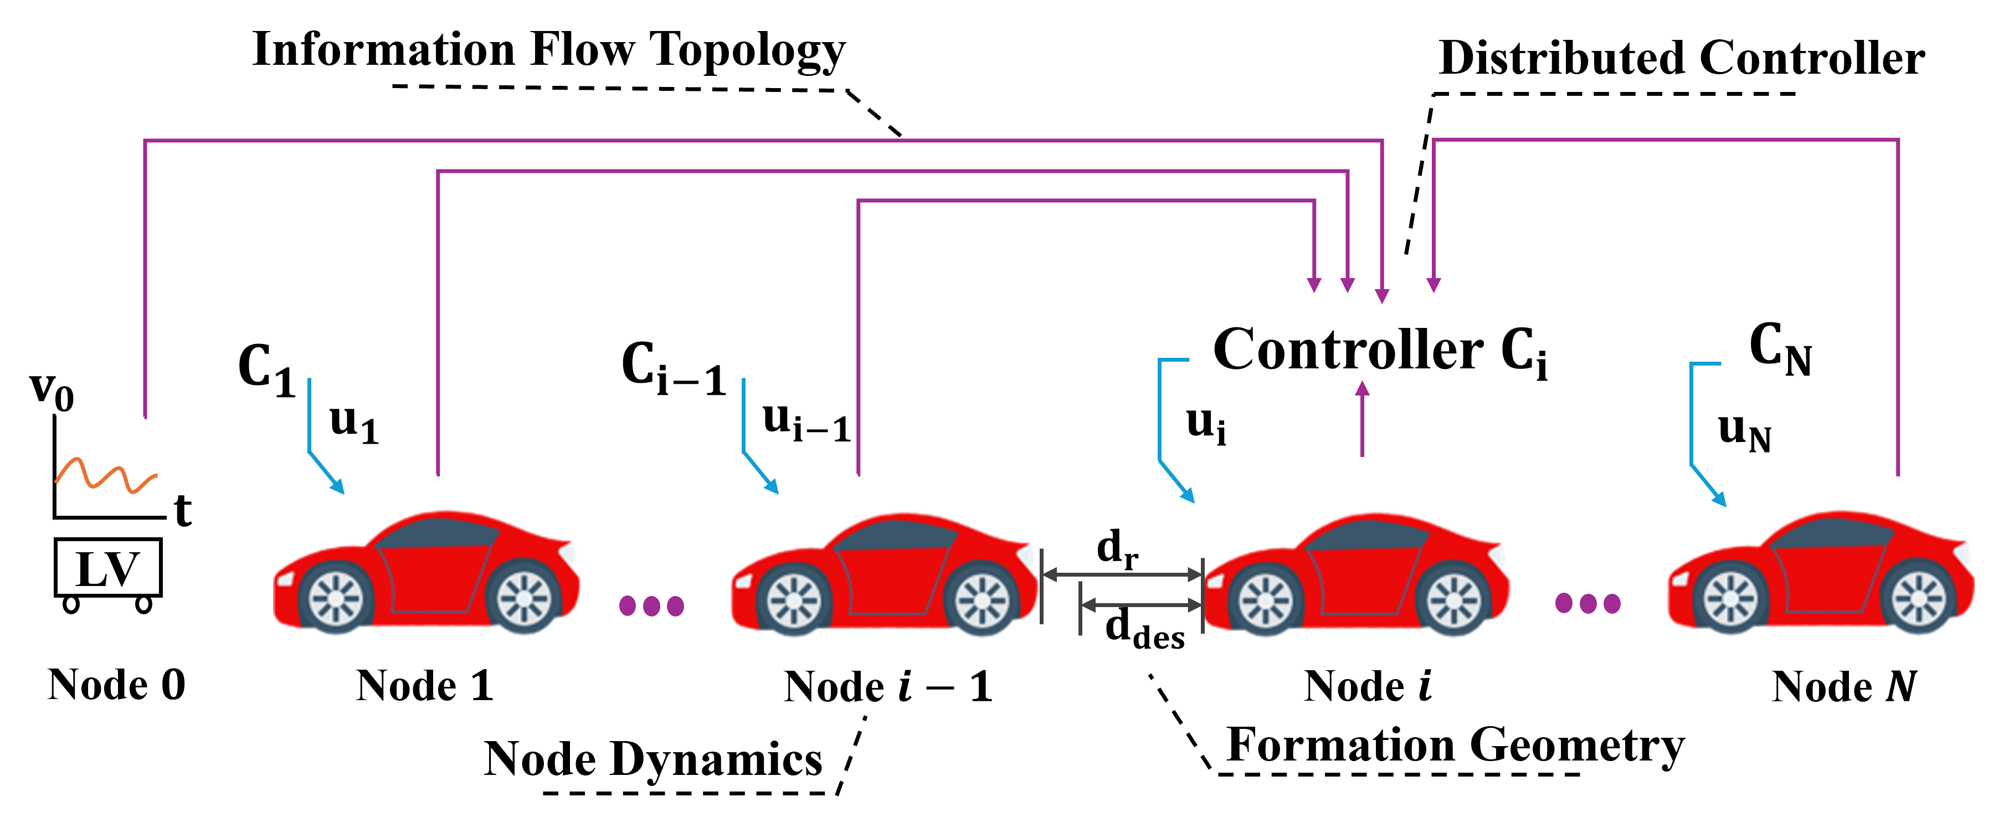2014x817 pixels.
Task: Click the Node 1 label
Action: pos(424,686)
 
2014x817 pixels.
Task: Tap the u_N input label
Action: pos(1744,434)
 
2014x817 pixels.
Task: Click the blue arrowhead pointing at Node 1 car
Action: pos(338,487)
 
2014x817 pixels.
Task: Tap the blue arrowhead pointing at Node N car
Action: pos(1719,500)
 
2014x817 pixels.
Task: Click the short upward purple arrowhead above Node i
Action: pos(1362,389)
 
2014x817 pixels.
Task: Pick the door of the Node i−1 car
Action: pos(891,578)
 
